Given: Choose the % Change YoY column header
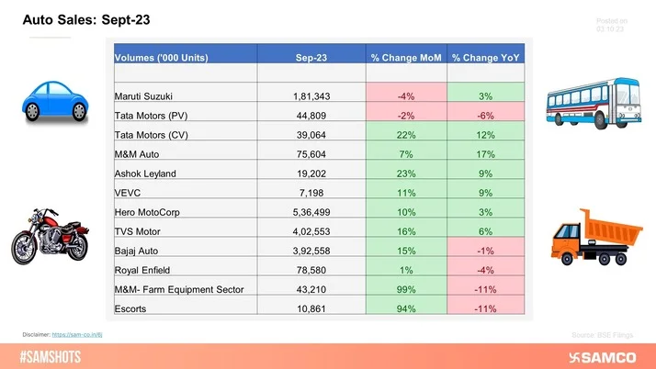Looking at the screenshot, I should point(486,58).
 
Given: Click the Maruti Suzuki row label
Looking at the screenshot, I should point(145,95).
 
